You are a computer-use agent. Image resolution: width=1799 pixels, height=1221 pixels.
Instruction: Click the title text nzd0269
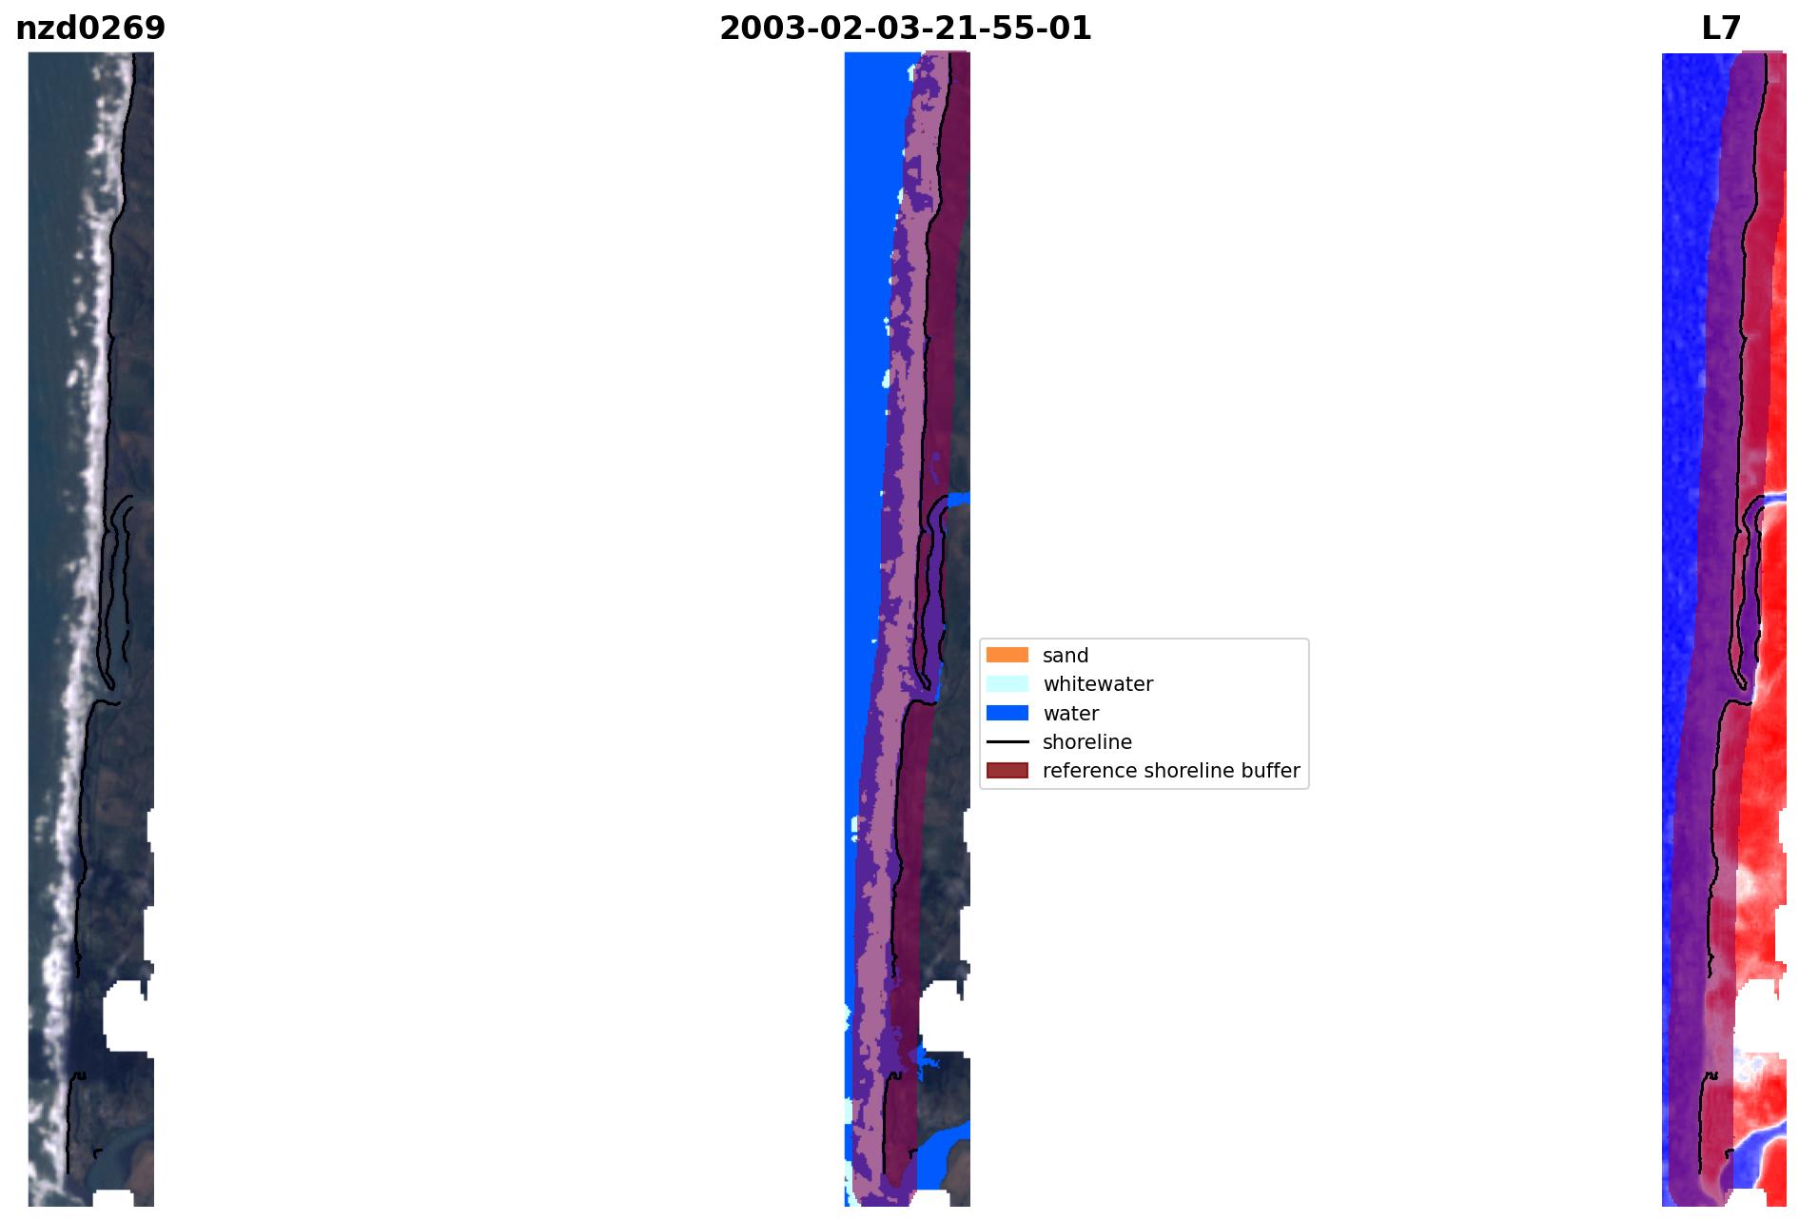click(90, 29)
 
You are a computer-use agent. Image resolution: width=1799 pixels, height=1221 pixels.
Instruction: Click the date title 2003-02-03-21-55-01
click(905, 29)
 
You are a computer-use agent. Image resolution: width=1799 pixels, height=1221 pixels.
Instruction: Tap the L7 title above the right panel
click(1721, 29)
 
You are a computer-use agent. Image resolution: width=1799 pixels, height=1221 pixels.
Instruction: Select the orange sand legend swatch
click(1007, 655)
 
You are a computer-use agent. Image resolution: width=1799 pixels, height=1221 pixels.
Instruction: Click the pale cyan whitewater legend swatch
click(1007, 683)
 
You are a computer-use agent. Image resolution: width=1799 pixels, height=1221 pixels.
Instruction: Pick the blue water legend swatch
click(1007, 713)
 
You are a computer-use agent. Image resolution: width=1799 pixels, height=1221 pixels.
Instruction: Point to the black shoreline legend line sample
click(1007, 741)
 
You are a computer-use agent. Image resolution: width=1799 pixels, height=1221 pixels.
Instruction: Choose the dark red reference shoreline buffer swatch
click(1007, 770)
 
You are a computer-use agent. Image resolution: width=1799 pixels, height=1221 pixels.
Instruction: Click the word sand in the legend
click(1066, 656)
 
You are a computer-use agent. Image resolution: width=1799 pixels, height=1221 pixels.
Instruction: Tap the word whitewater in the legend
click(1098, 684)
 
